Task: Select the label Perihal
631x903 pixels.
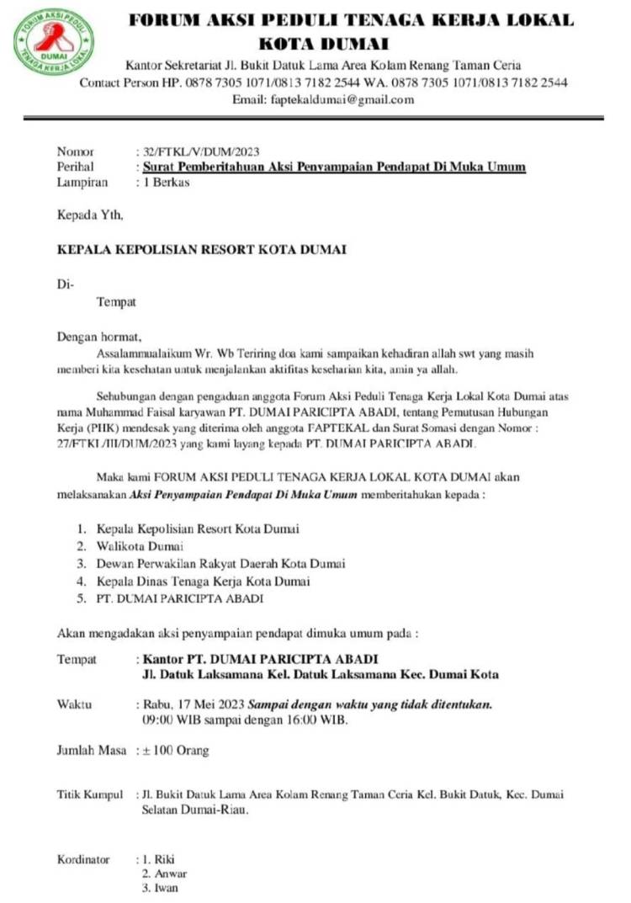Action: (x=74, y=167)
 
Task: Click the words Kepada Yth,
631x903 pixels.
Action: (x=90, y=215)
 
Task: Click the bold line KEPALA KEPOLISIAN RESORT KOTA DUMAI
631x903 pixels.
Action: (x=201, y=250)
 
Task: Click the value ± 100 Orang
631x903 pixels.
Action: (x=175, y=750)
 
